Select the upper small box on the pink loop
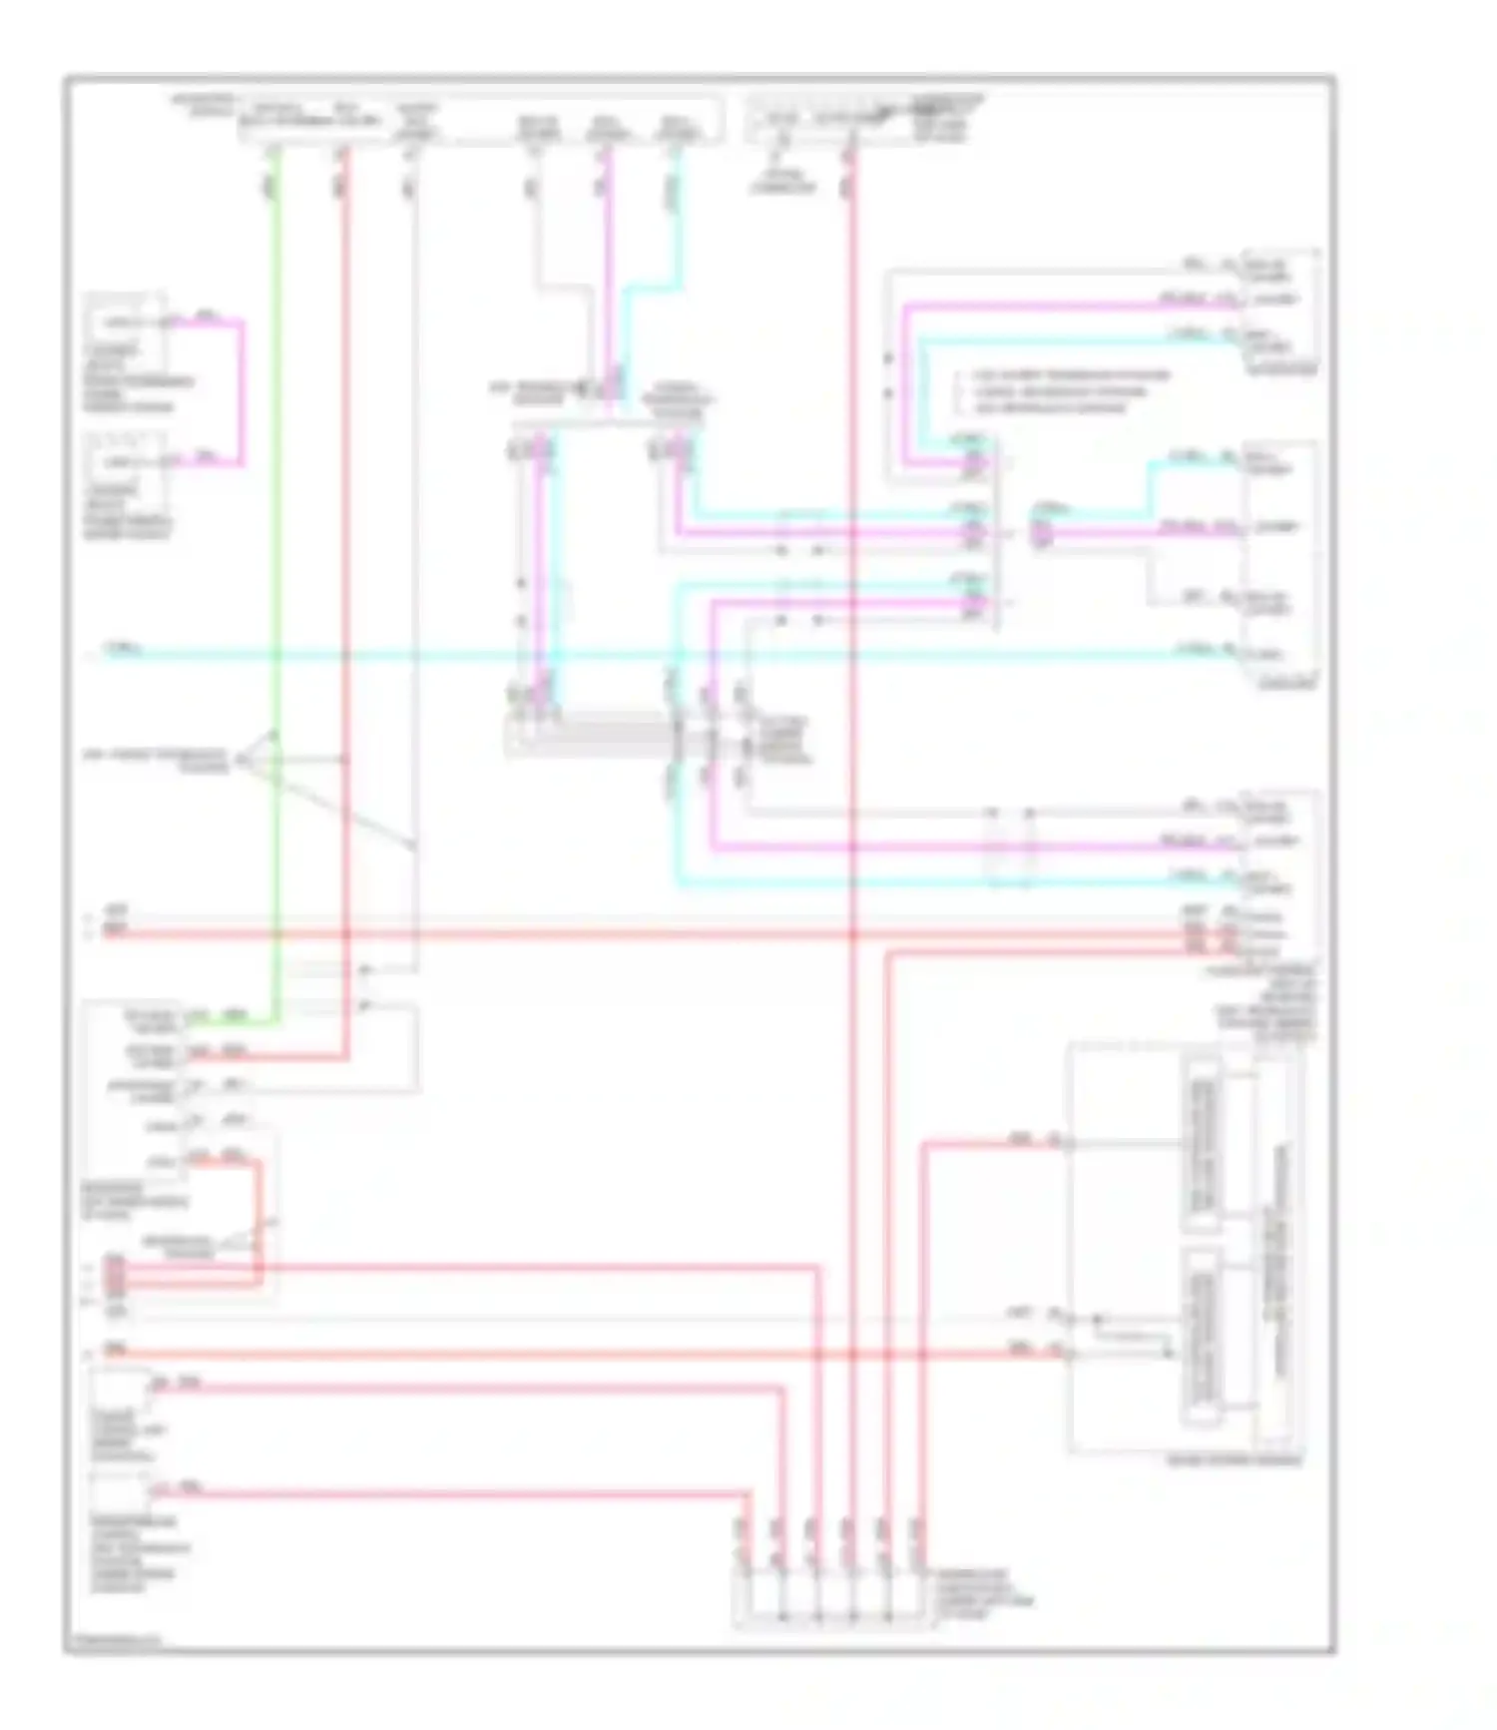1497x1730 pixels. tap(127, 321)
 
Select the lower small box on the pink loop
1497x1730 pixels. tap(127, 461)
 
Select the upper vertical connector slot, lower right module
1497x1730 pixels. tap(1203, 1144)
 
